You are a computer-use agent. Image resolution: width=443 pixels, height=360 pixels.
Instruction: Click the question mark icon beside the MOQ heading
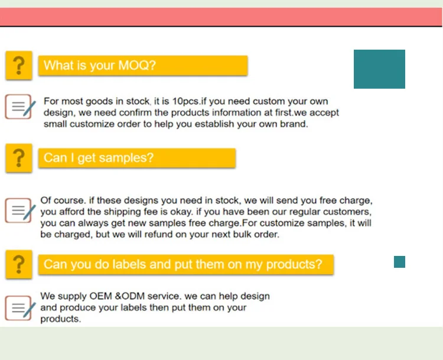click(x=19, y=66)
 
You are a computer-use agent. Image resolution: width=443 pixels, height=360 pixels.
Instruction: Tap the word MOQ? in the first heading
click(x=137, y=66)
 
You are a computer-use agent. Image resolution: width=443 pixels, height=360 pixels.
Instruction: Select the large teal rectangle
click(x=379, y=69)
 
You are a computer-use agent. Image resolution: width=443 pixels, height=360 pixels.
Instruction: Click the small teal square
click(x=399, y=262)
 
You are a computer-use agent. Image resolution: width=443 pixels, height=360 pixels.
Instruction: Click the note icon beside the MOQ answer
click(x=20, y=106)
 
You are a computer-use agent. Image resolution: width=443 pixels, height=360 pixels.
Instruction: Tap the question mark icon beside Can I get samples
click(x=19, y=158)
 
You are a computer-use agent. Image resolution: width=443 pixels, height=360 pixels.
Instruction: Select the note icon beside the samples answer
click(x=20, y=210)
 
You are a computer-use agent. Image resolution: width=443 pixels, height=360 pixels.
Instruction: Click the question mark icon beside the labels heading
click(x=19, y=264)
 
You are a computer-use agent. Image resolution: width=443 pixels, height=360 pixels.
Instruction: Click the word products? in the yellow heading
click(x=294, y=265)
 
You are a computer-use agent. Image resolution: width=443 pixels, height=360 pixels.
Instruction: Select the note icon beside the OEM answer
click(x=20, y=308)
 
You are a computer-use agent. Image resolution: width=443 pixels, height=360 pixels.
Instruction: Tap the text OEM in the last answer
click(x=100, y=296)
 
